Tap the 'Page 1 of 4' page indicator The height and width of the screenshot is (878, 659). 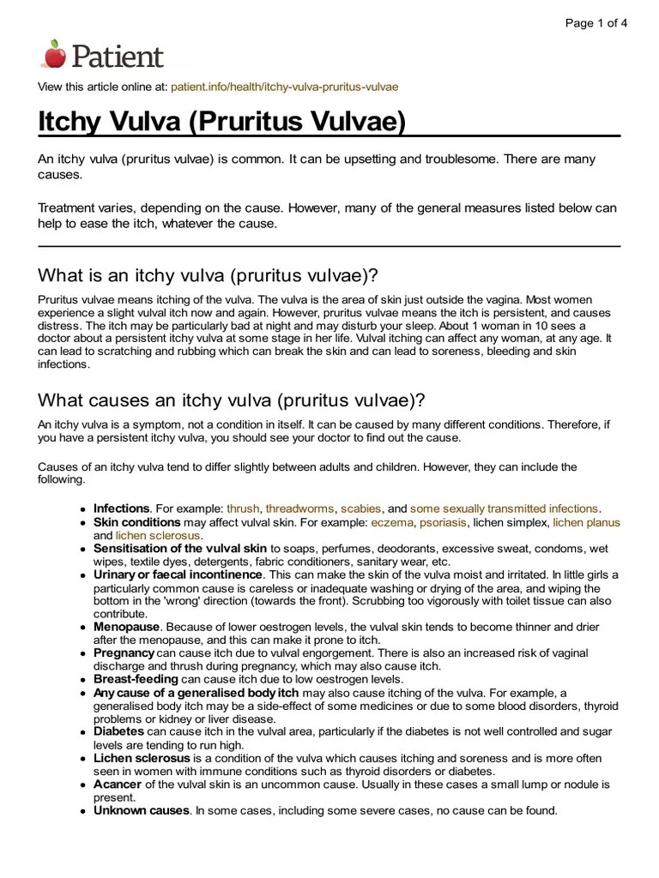pos(596,23)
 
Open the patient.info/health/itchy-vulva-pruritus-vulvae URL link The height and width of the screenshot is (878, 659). pos(284,87)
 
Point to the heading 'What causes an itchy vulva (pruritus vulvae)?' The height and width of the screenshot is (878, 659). pos(231,401)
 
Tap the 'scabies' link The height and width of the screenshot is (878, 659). pos(360,508)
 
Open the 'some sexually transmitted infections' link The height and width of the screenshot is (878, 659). pos(505,508)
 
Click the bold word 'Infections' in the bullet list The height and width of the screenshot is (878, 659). pos(122,508)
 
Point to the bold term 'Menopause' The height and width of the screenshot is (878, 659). pos(125,627)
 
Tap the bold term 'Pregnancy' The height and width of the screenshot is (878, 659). pos(124,653)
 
